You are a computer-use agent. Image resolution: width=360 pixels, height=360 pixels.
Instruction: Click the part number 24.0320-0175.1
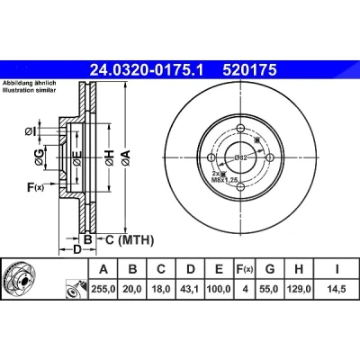pos(147,70)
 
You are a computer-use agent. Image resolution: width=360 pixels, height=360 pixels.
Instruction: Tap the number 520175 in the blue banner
pos(249,70)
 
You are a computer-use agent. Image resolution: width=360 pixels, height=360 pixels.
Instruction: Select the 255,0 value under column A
pos(103,289)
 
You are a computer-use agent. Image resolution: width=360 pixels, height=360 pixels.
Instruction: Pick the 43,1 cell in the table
pos(191,289)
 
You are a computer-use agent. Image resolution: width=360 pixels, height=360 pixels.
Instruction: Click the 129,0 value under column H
pos(299,289)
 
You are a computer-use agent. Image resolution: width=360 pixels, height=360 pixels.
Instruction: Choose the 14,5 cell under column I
pos(337,289)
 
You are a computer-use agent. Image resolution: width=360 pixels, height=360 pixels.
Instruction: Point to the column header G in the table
pos(270,269)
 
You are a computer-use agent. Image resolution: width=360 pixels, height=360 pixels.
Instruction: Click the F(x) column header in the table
pos(245,269)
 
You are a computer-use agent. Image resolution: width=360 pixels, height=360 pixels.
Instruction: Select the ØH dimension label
pos(110,157)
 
